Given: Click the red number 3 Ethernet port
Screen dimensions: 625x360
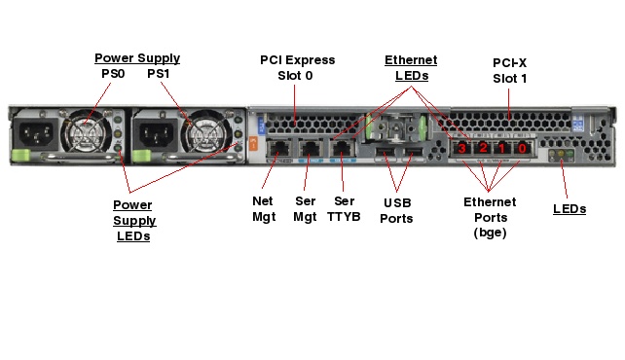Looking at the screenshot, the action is pos(461,149).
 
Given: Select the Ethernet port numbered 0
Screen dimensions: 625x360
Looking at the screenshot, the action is pos(522,149).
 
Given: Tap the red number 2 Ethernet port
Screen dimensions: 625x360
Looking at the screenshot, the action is pos(482,149).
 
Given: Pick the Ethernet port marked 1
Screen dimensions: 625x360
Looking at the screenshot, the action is pos(501,149).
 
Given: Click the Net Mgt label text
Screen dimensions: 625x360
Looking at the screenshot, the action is pos(264,208).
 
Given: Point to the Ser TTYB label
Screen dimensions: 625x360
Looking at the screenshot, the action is pos(344,208).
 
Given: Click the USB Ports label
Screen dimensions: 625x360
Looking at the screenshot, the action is pos(396,211).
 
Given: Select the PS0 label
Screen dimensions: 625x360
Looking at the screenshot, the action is pos(113,74).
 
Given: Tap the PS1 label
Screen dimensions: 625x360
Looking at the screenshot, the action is pos(159,74).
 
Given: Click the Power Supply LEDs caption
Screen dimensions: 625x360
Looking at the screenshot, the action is pos(134,220).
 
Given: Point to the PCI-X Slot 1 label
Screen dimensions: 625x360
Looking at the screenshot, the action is pos(510,70).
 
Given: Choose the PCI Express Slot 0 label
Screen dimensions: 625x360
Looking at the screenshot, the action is pos(297,68).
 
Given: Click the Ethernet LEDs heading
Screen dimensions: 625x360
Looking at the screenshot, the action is pos(411,68).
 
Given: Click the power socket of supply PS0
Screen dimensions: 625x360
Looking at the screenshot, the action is pos(36,134).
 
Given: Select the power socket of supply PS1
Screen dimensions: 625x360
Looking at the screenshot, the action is pos(156,134).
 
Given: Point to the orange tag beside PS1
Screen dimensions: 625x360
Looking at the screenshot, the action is pos(253,143).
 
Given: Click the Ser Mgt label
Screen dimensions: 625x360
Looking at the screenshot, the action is pos(305,208).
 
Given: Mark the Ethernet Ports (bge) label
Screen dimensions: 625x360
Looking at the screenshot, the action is pos(490,217).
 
